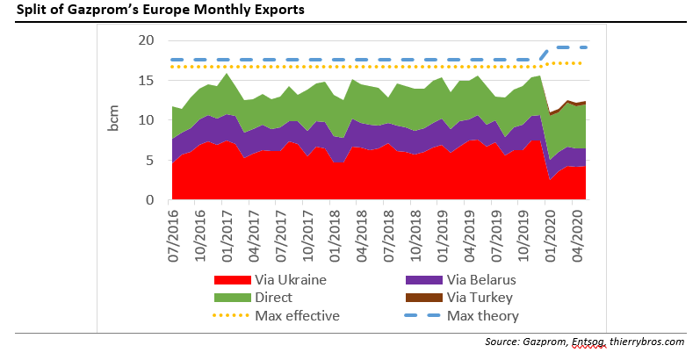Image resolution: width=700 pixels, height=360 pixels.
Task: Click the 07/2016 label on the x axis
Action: coord(173,231)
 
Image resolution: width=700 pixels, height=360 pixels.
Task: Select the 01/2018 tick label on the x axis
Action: coord(333,231)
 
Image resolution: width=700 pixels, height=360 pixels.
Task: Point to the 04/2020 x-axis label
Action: coord(574,231)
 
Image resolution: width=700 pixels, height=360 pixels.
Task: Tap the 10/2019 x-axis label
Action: coord(520,231)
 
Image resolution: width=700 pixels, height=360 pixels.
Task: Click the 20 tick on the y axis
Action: coord(147,40)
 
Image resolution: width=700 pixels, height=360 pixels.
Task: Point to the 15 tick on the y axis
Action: coord(147,81)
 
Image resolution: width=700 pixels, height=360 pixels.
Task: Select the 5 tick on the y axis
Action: coord(151,161)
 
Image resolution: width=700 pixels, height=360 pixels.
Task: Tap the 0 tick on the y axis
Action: coord(151,200)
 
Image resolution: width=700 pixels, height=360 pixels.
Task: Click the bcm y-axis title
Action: coord(114,120)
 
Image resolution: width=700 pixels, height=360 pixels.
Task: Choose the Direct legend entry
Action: coord(274,298)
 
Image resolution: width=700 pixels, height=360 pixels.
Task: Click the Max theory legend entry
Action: coord(483,315)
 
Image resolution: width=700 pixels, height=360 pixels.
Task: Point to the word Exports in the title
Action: coord(258,10)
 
